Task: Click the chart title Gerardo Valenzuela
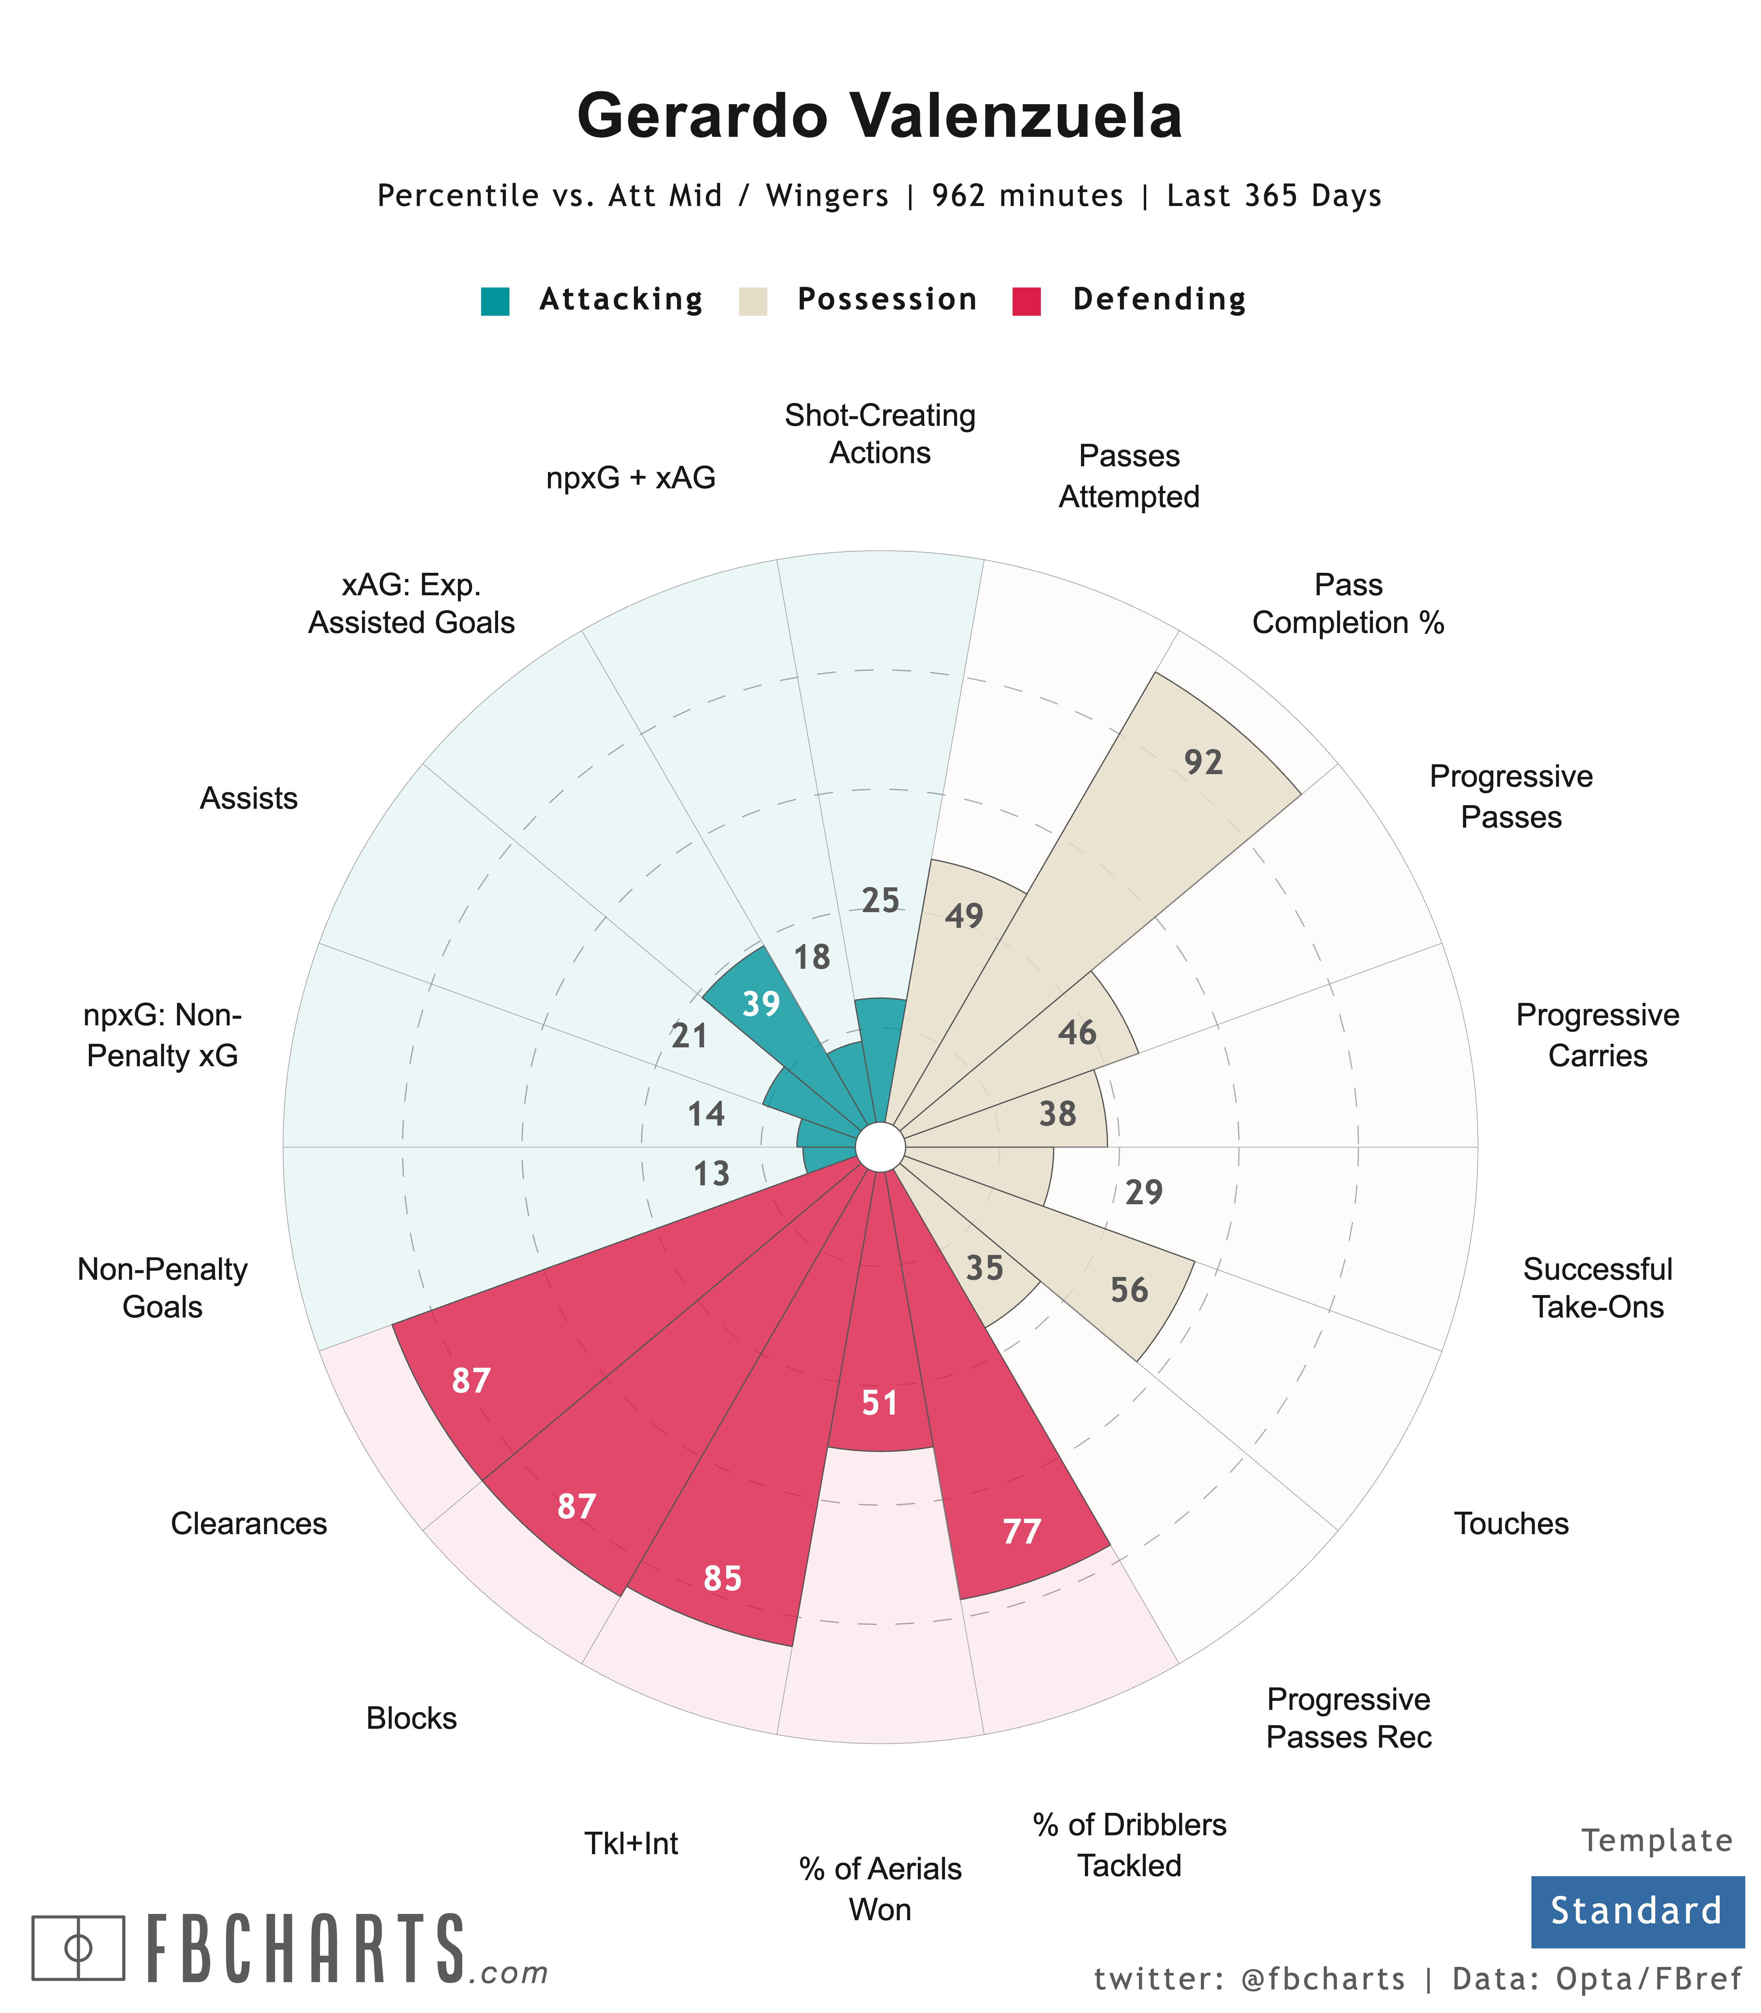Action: coord(880,116)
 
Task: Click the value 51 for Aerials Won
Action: coord(880,1403)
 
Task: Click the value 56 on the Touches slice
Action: coord(1129,1290)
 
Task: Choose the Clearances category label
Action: coord(248,1524)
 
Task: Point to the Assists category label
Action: coord(248,798)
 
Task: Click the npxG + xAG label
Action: coord(631,478)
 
